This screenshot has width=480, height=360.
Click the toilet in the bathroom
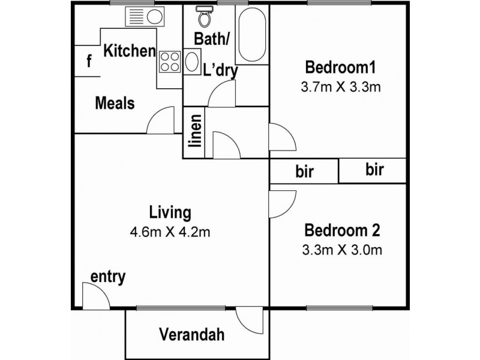click(204, 16)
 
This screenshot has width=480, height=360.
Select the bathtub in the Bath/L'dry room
click(252, 34)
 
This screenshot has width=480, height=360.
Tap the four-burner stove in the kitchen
click(170, 62)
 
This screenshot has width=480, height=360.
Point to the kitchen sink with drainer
click(145, 17)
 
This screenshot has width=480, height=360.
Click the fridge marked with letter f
click(88, 61)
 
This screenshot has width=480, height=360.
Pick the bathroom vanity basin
click(192, 62)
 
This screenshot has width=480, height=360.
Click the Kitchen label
click(130, 51)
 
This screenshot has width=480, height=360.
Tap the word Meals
click(115, 103)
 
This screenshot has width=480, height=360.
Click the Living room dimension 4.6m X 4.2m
click(170, 232)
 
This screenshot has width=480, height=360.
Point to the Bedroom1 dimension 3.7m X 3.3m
click(341, 87)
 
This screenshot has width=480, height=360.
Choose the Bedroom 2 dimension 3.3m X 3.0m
click(342, 250)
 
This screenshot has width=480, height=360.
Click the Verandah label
click(192, 334)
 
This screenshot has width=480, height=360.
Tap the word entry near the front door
click(108, 277)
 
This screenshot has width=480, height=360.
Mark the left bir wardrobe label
click(305, 172)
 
